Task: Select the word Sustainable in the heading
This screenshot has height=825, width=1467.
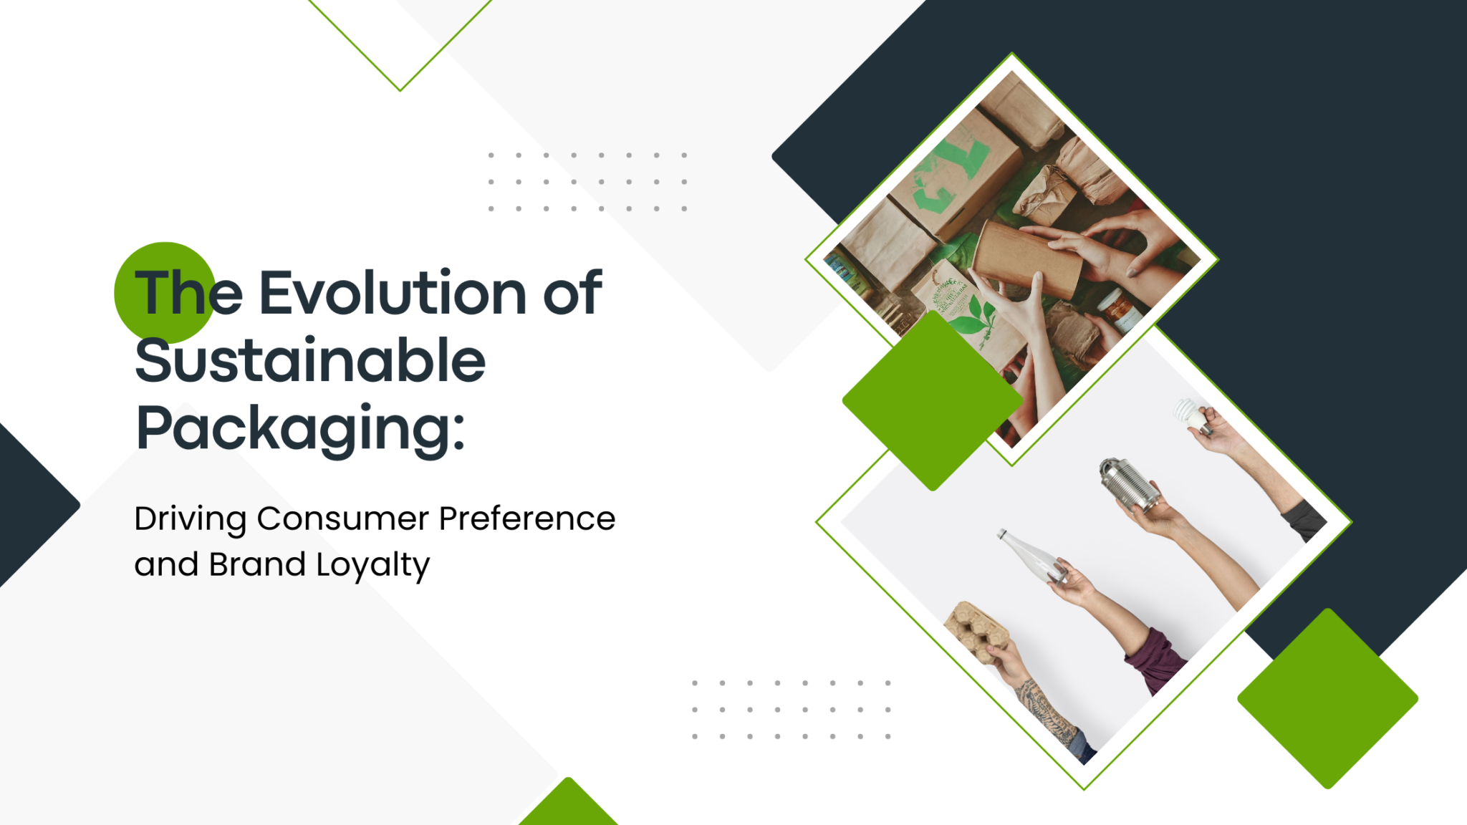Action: [310, 360]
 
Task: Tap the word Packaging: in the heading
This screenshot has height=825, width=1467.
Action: [300, 428]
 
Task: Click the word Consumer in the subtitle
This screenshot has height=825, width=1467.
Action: [343, 518]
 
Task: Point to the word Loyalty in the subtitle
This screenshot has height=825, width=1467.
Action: [372, 566]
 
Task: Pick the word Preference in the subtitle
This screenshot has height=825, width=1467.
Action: [526, 518]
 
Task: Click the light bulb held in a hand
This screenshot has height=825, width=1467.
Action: [1189, 414]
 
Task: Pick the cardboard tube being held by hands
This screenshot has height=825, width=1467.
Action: [1028, 257]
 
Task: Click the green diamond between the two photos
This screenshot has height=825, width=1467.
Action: [932, 401]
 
